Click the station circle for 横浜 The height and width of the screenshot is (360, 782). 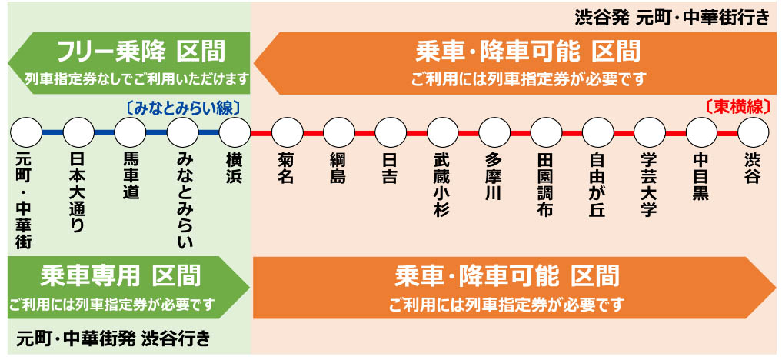[x=235, y=133]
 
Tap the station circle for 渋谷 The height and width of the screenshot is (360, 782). [x=753, y=133]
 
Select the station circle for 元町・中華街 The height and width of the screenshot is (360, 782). [x=26, y=133]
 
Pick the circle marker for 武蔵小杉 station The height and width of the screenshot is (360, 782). [x=442, y=133]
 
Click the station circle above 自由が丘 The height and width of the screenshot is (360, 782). [x=597, y=133]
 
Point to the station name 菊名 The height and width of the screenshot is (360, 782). [x=287, y=168]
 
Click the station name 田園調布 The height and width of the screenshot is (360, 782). [x=545, y=185]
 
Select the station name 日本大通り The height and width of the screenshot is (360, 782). [x=78, y=192]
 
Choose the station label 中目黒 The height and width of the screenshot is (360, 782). [x=700, y=176]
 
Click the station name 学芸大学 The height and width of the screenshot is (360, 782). [x=649, y=185]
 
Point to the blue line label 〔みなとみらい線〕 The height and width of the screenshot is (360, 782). [x=183, y=108]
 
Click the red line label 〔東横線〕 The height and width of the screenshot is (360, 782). [x=737, y=107]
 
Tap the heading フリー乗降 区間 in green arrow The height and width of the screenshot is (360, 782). [x=141, y=53]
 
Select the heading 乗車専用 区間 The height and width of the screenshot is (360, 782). [x=120, y=275]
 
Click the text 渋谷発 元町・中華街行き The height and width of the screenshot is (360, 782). [x=671, y=17]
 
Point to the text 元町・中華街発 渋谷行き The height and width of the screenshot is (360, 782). [x=112, y=338]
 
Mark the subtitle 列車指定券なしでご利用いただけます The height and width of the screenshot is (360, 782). [x=138, y=78]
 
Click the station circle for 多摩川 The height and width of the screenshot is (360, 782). [x=494, y=133]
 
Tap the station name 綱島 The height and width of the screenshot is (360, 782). [x=338, y=168]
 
